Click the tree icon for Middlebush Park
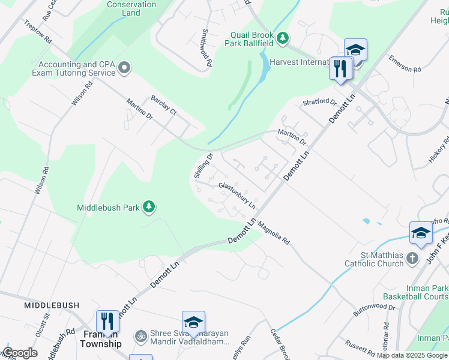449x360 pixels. (149, 208)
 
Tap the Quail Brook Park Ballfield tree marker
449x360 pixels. (283, 39)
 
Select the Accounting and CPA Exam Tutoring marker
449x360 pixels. (124, 68)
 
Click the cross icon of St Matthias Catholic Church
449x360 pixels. (412, 258)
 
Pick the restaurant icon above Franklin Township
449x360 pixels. (107, 320)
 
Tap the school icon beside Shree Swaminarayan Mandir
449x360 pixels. (193, 322)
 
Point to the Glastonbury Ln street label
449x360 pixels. (237, 196)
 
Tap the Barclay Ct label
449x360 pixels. (164, 104)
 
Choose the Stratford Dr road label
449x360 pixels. (319, 102)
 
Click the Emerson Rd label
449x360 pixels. (405, 64)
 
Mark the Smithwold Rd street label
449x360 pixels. (206, 47)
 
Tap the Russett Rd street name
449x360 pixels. (360, 347)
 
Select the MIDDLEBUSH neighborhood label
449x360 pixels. (51, 305)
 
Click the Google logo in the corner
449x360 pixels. (19, 353)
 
